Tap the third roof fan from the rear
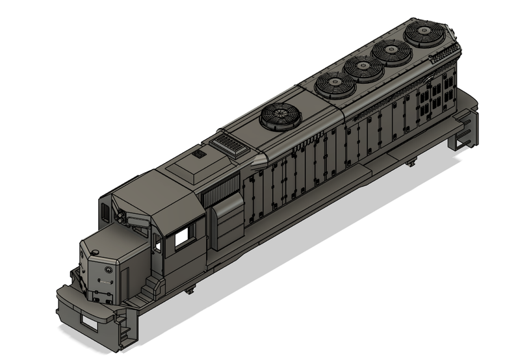[x=361, y=68]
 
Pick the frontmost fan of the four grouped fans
[x=333, y=84]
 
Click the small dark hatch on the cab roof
[x=198, y=154]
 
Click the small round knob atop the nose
[x=96, y=251]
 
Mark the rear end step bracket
[x=465, y=130]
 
